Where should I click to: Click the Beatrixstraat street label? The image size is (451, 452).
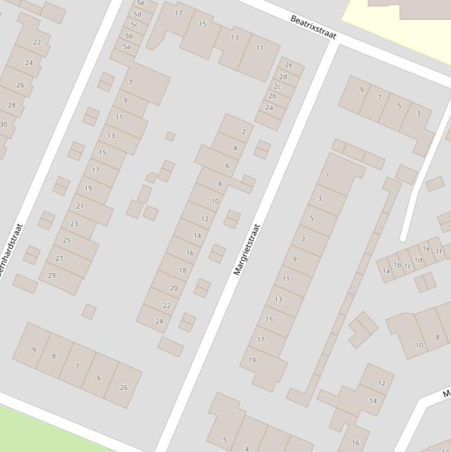click(313, 28)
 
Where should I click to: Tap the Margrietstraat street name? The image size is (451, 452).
click(246, 249)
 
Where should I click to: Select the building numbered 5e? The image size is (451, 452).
click(141, 4)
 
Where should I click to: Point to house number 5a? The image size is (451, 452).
click(127, 46)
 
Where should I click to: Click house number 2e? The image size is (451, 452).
click(288, 65)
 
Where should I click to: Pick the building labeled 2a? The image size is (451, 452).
click(269, 107)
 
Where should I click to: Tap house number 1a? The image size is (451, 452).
click(386, 271)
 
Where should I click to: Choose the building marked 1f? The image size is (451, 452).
click(439, 251)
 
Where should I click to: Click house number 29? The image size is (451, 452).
click(52, 275)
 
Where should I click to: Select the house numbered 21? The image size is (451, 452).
click(80, 206)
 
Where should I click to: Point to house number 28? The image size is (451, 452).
click(12, 105)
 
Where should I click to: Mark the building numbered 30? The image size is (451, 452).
click(4, 124)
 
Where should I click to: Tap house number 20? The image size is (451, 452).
click(174, 288)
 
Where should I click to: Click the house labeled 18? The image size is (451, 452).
click(183, 271)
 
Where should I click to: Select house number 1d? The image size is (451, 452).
click(418, 260)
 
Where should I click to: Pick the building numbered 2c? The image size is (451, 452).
click(277, 86)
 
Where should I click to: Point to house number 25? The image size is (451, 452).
click(66, 240)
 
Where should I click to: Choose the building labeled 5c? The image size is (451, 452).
click(134, 25)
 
